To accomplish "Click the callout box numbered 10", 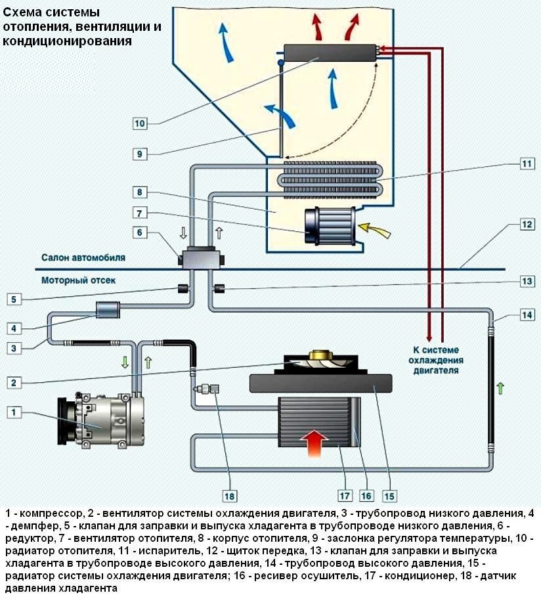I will tap(140, 123).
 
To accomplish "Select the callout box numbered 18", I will tap(230, 495).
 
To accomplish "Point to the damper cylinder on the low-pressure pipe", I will tap(105, 309).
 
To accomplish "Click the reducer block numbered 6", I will tap(200, 256).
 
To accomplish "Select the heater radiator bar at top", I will tap(328, 53).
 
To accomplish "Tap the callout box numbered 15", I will tap(390, 495).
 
